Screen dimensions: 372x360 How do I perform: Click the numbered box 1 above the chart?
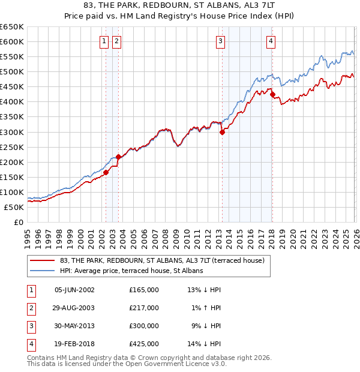point(104,41)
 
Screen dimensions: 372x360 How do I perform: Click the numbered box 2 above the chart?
point(116,41)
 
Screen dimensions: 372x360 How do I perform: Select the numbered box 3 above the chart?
point(221,41)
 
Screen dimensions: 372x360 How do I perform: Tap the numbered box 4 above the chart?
point(271,41)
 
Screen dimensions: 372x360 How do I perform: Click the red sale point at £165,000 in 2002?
point(106,172)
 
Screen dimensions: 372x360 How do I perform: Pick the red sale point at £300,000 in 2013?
point(222,133)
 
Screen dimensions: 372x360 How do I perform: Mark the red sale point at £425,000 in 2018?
point(272,94)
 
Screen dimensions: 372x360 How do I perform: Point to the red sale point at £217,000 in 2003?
point(119,157)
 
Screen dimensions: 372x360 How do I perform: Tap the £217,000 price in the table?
point(144,308)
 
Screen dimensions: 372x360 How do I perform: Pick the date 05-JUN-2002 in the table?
point(74,290)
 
